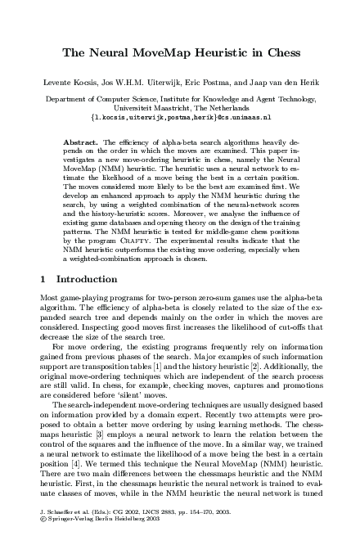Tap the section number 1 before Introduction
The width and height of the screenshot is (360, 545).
point(43,280)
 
